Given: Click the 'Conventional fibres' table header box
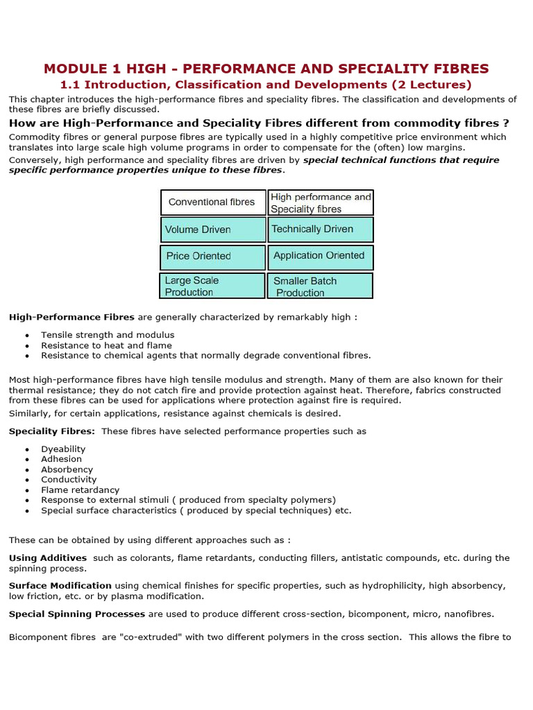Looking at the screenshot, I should point(213,202).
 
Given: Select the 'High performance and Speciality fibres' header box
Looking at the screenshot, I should point(321,202).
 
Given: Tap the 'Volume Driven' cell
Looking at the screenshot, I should point(213,230).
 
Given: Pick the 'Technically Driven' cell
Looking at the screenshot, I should point(321,230).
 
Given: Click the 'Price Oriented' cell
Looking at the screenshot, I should point(213,257).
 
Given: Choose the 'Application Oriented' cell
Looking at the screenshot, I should point(321,257).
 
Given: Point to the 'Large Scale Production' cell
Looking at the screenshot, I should point(212,286).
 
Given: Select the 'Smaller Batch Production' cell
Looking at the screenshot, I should point(321,286).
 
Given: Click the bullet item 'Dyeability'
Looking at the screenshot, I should point(63,449).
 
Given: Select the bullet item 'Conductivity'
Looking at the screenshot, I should point(69,479).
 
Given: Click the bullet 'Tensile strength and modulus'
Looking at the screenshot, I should point(108,335).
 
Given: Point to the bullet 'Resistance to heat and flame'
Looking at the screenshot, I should point(106,345).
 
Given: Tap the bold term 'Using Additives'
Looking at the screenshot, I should point(48,557).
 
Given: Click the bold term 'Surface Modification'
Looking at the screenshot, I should point(60,586).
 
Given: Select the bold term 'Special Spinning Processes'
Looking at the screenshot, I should point(77,614).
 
